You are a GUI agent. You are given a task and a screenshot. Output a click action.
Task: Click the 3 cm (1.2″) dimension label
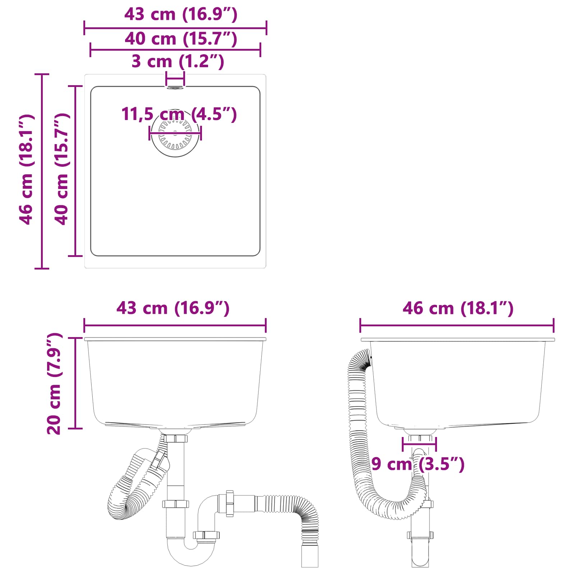point(178,61)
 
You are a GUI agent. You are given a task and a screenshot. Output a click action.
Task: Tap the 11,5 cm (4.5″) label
point(179,114)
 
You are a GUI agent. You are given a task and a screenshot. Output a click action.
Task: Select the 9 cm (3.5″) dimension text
point(418,464)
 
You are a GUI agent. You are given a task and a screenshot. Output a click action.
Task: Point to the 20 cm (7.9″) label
point(55,383)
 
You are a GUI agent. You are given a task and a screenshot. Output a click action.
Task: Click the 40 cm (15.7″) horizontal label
point(181,39)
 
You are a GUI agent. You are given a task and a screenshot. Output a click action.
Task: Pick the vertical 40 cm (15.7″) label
point(61,169)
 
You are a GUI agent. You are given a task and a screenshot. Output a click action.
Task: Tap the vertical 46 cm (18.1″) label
point(26,170)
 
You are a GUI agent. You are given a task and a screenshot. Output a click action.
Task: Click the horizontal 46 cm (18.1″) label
point(458,308)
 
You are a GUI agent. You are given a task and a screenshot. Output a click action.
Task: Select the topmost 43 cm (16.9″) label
point(181,14)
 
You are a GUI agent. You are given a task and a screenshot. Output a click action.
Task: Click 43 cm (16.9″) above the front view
point(173,308)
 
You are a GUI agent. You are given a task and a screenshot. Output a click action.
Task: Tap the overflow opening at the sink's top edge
point(175,87)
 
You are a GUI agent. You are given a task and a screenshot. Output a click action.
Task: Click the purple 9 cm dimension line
point(419,444)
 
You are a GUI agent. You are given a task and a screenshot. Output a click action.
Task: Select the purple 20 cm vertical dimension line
point(75,383)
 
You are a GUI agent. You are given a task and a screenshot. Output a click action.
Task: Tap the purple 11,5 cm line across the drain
point(175,133)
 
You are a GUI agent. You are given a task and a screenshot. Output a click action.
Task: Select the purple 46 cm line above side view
point(457,326)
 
